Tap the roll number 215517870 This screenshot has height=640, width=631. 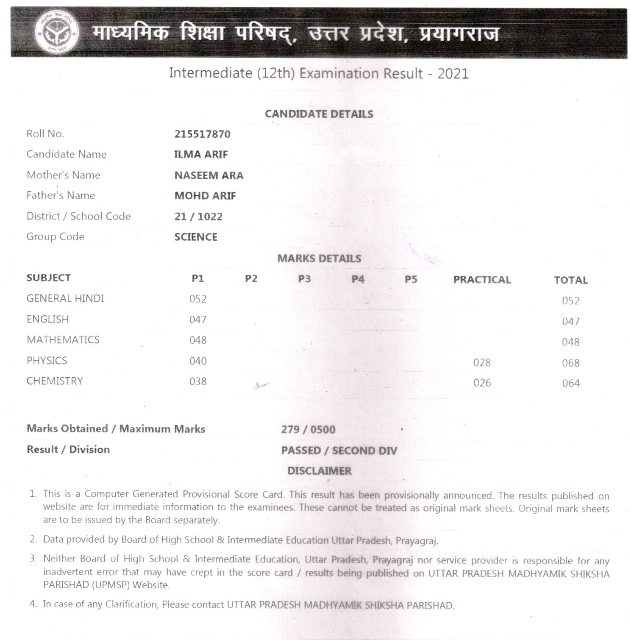click(x=202, y=134)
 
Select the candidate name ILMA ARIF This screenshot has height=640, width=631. click(x=201, y=155)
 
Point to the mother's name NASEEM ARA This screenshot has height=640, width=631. click(x=208, y=175)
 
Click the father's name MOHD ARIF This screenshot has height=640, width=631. click(x=205, y=196)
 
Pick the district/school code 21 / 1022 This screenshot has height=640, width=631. click(x=198, y=217)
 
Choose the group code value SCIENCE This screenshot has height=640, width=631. click(x=196, y=237)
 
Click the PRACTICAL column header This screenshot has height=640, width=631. click(x=482, y=280)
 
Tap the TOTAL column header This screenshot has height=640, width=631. click(x=570, y=280)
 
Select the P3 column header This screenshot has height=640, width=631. click(x=304, y=279)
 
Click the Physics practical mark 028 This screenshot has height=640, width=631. click(x=482, y=363)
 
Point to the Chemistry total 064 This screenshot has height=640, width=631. click(x=570, y=384)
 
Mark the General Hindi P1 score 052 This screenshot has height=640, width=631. click(x=198, y=299)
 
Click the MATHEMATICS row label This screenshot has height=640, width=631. click(x=63, y=340)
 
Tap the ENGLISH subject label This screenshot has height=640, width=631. click(x=47, y=319)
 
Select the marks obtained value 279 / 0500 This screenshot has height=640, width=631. click(x=308, y=430)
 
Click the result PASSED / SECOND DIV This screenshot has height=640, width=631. click(x=339, y=451)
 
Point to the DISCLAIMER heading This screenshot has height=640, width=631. click(x=320, y=471)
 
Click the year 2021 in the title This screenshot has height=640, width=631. click(x=453, y=74)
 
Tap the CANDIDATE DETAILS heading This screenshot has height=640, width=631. click(x=319, y=114)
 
